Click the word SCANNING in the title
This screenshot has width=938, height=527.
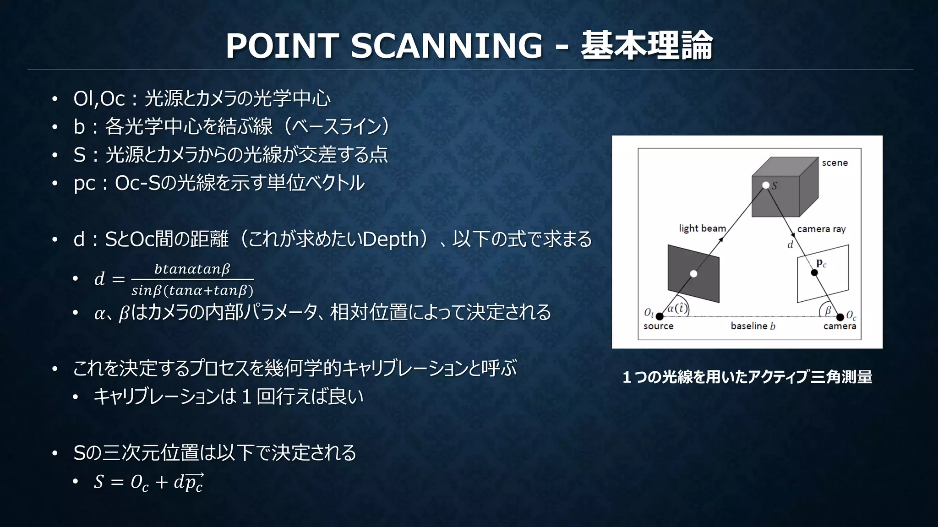447,46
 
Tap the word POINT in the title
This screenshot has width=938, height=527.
282,46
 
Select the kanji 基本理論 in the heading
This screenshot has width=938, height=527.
647,46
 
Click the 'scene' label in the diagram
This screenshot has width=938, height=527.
834,163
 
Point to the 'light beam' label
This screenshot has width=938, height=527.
702,228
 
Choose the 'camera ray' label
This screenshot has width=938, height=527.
821,229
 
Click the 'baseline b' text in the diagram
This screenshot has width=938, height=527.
753,326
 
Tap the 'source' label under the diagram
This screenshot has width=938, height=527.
658,326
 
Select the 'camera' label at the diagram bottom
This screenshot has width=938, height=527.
840,326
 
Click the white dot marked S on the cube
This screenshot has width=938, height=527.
766,185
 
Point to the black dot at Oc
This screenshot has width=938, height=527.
840,317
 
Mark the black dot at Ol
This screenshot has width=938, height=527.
660,316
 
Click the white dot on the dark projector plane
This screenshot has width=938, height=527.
693,274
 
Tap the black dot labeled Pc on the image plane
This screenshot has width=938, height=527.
814,273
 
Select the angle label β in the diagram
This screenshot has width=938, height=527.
828,310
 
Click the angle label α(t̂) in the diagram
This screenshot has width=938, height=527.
677,308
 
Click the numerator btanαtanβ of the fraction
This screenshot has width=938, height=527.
192,269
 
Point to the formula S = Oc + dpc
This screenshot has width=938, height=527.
148,482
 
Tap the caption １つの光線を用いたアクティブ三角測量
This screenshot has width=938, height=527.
747,377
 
